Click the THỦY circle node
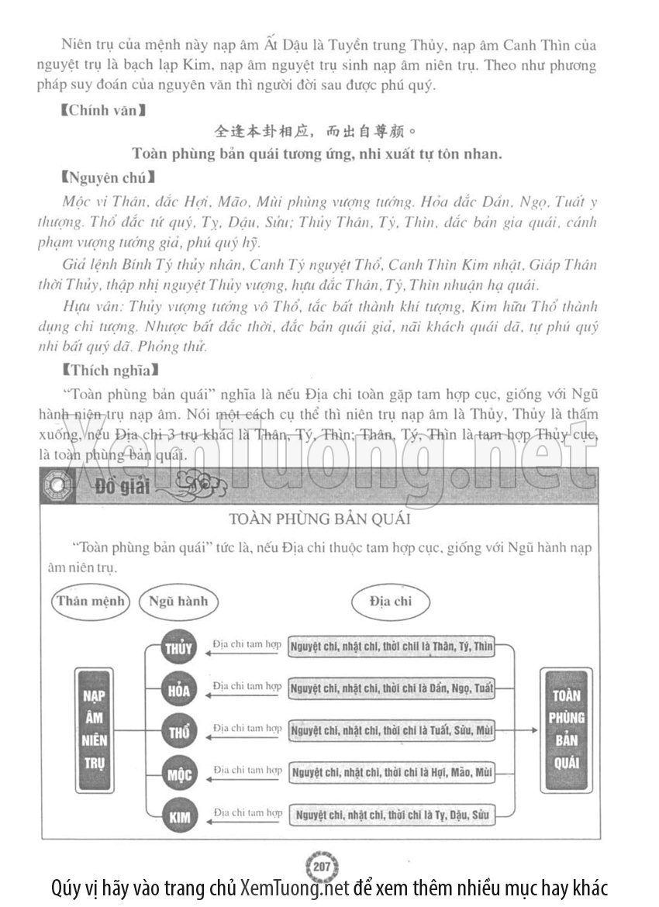[x=179, y=648]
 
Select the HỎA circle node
[x=179, y=689]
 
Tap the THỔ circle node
[x=179, y=731]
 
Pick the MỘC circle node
[x=179, y=773]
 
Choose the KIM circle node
[x=179, y=815]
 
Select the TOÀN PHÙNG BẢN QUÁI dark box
[x=567, y=729]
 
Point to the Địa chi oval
[x=391, y=601]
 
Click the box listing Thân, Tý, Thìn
[x=391, y=647]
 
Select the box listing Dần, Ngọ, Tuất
[x=391, y=688]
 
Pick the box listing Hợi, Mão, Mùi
[x=391, y=772]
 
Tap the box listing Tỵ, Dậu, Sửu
[x=391, y=814]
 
